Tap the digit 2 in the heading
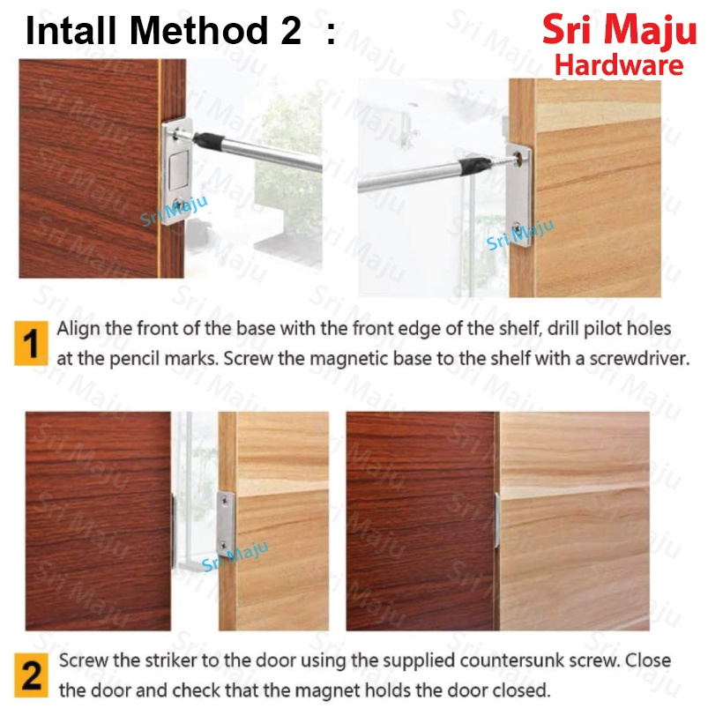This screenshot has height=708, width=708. pos(291,31)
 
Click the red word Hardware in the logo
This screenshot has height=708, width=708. pos(619,65)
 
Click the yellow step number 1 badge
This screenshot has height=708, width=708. pos(31,343)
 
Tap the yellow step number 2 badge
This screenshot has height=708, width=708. pos(31,675)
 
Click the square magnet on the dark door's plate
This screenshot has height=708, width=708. pos(178,170)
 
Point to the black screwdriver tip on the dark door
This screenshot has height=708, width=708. pos(208,140)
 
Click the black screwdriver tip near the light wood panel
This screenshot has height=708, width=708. pos(474,166)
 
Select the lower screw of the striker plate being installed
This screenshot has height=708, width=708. pos(518,227)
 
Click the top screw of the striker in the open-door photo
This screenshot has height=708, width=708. pos(225,500)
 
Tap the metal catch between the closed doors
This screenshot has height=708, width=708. pos(497,520)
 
